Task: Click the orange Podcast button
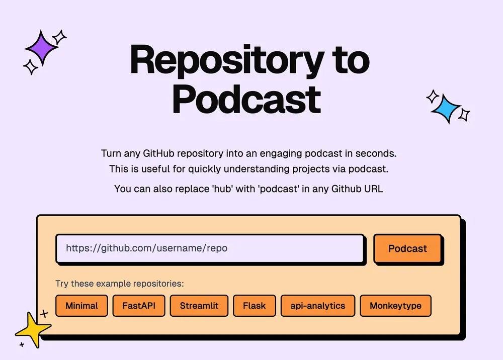tap(407, 249)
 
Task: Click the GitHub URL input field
tap(210, 249)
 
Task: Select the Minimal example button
tap(81, 306)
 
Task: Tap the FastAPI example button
tap(139, 306)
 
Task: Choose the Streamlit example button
tap(199, 306)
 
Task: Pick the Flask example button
tap(254, 306)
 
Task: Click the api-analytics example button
tap(318, 306)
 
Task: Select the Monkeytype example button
tap(395, 306)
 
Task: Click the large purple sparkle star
tap(42, 48)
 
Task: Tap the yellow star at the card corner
tap(33, 330)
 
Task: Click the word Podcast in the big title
tap(246, 99)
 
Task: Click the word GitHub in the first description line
tap(159, 153)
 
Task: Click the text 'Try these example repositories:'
tap(120, 284)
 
